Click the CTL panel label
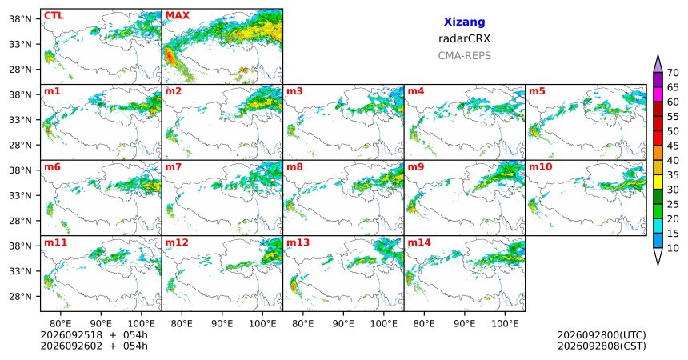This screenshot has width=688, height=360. (x=54, y=16)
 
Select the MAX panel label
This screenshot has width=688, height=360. (x=178, y=16)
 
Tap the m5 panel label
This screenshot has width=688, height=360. (x=537, y=91)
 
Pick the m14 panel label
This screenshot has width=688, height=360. (x=419, y=242)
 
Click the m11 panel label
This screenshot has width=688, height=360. (x=55, y=242)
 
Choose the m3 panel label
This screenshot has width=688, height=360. (x=295, y=91)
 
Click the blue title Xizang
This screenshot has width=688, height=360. (x=464, y=22)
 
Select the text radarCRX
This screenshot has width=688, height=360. (x=464, y=38)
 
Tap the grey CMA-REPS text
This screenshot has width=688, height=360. (x=464, y=56)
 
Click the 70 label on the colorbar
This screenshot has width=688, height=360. (x=673, y=73)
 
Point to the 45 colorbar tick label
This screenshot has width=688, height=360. (x=673, y=146)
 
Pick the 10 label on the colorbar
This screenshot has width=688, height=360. (x=673, y=248)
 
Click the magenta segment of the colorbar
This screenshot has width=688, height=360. (x=658, y=94)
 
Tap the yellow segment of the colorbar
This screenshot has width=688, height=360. (x=658, y=182)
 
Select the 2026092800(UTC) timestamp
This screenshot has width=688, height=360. (x=602, y=335)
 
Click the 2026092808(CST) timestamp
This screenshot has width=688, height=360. (x=602, y=346)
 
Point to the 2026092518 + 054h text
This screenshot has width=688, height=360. (x=94, y=335)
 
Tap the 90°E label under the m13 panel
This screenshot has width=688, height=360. (x=343, y=324)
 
